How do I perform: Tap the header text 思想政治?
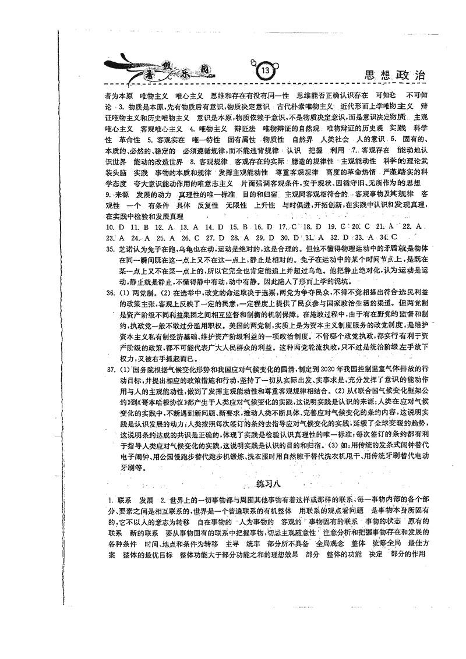(x=394, y=75)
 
